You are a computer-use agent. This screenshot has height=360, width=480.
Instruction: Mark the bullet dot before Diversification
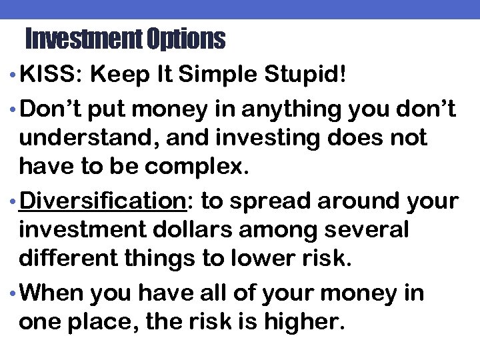(14, 201)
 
